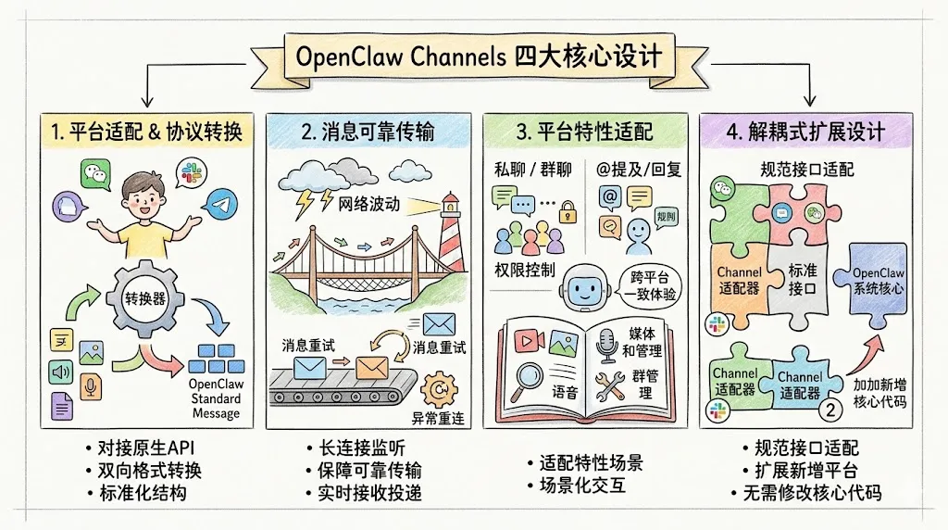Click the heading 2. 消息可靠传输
pyautogui.click(x=368, y=132)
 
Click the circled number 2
pyautogui.click(x=830, y=408)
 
